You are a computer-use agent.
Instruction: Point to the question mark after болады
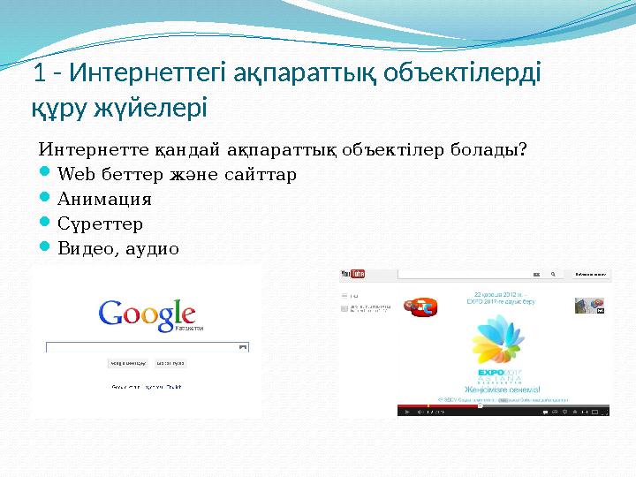pos(525,148)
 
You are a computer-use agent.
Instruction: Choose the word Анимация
pos(103,199)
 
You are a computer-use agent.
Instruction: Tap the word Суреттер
pos(100,223)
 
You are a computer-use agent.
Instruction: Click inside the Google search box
pos(146,347)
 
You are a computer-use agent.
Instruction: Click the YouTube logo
pos(354,275)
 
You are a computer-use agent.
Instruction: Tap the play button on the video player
pos(404,411)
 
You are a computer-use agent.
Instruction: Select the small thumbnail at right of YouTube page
pos(589,306)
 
